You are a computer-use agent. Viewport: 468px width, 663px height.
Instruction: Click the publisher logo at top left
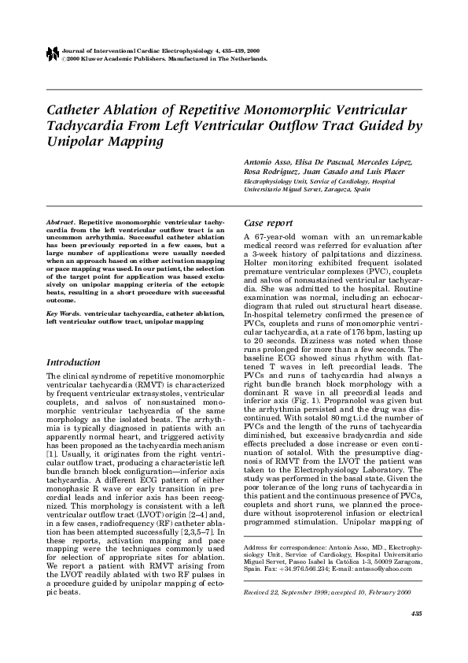[x=52, y=54]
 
